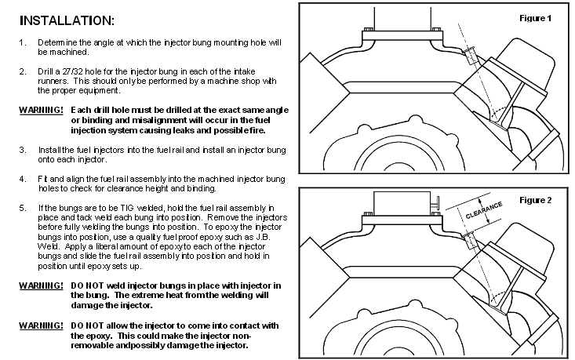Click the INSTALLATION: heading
pos(67,20)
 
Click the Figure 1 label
pos(536,18)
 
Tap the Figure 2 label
pos(536,200)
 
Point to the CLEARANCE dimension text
pos(484,210)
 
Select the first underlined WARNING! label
pos(41,110)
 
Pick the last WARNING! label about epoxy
pos(41,325)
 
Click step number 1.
pos(23,42)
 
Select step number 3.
pos(23,150)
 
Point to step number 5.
pos(23,208)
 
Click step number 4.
pos(23,179)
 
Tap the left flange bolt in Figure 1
pos(369,29)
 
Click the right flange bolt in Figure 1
pos(436,29)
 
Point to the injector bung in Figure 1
pos(470,56)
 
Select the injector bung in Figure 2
pos(470,240)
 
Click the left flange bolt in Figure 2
pos(369,214)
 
